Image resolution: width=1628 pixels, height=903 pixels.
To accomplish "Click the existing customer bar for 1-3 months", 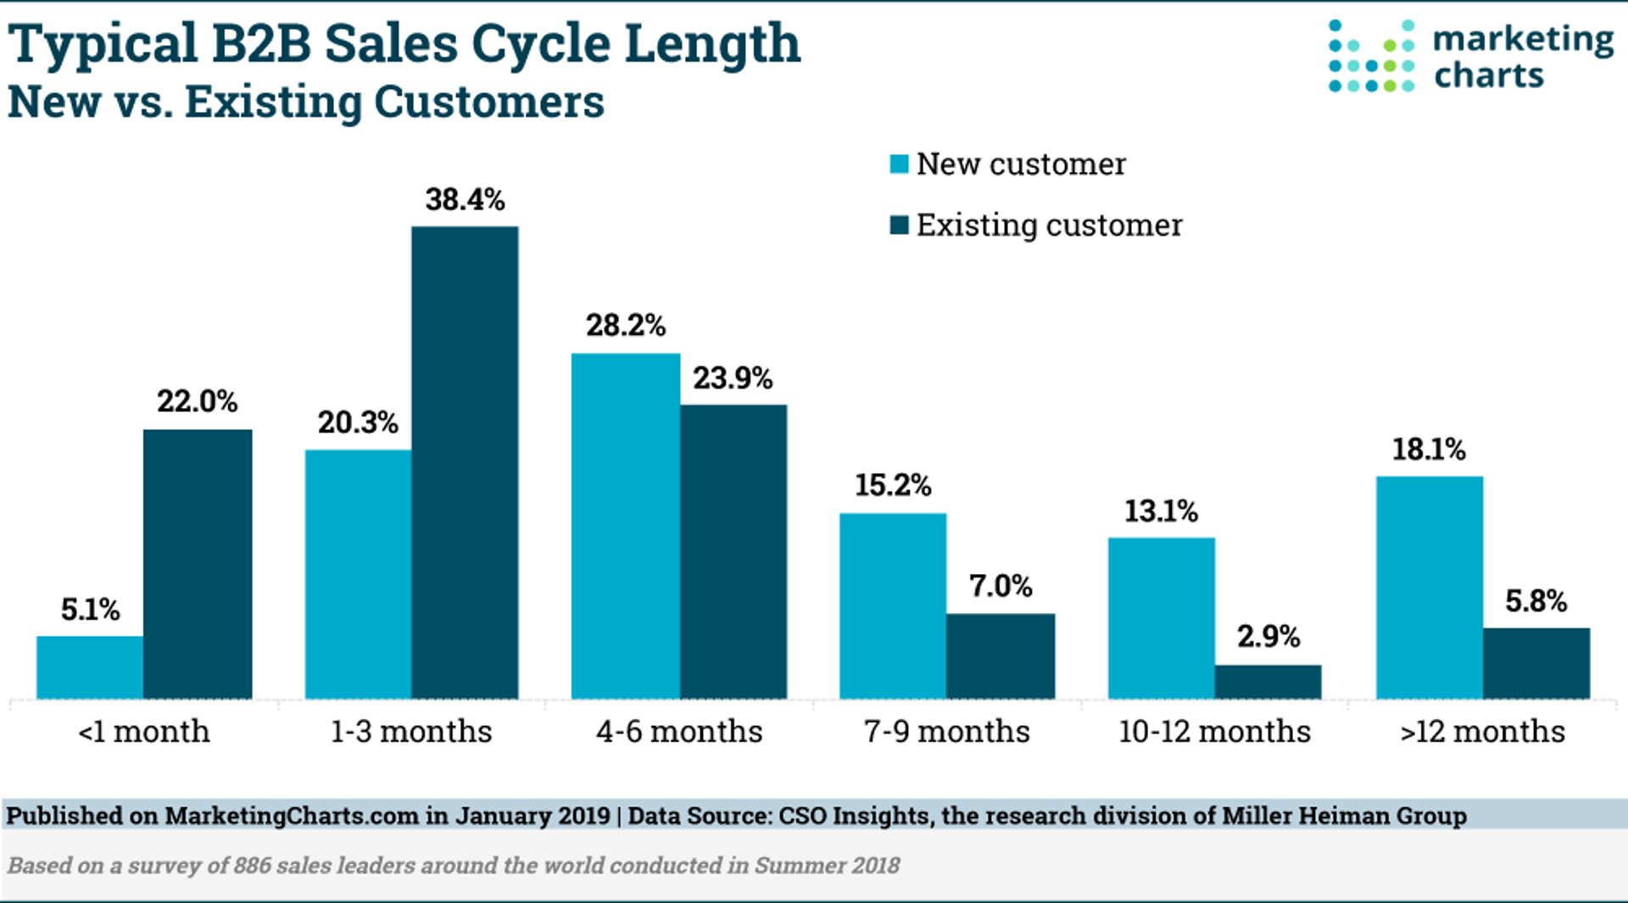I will click(x=465, y=462).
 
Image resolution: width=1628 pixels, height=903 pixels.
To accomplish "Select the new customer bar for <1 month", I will click(x=89, y=667).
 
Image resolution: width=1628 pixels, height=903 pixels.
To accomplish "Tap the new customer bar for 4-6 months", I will click(x=625, y=526).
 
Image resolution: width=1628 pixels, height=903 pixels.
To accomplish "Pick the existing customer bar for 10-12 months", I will click(x=1268, y=682).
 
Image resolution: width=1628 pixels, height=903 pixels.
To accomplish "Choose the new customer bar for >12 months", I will click(x=1429, y=588).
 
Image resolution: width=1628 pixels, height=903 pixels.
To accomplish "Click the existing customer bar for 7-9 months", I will click(x=1001, y=656).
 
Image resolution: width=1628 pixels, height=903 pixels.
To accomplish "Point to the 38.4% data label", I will click(x=465, y=200).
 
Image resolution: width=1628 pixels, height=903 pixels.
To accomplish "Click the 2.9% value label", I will click(x=1268, y=637).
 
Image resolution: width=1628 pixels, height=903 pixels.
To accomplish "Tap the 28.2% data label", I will click(x=625, y=326).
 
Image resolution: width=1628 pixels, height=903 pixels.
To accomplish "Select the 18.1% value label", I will click(x=1429, y=449).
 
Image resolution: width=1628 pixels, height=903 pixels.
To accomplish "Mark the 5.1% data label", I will click(x=90, y=610).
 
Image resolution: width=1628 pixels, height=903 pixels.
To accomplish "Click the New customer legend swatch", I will click(x=899, y=164).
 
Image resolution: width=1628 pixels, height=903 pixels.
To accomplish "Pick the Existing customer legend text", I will click(x=1049, y=226).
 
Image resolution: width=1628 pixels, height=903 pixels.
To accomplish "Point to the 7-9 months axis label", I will click(x=946, y=732).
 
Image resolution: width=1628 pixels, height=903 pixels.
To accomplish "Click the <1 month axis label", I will click(x=144, y=732).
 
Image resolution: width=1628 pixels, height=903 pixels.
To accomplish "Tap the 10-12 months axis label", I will click(x=1214, y=732).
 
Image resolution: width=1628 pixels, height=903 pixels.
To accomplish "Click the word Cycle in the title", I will click(x=540, y=44).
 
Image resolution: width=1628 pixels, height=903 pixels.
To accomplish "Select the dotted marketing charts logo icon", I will click(x=1370, y=56).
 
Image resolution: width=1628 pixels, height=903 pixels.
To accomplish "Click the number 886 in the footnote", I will click(x=253, y=866).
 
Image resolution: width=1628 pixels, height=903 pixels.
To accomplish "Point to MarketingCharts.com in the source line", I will click(x=292, y=816).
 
